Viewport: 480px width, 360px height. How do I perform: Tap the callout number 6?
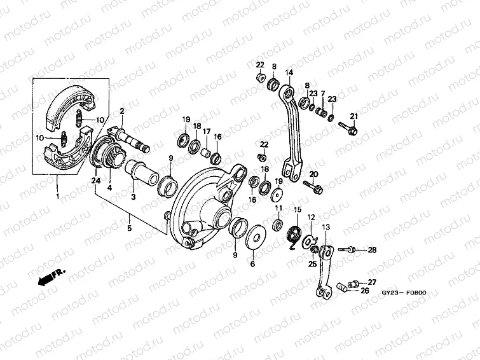click(x=252, y=263)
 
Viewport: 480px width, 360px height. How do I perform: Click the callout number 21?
click(x=354, y=115)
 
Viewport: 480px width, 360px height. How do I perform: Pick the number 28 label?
click(x=372, y=250)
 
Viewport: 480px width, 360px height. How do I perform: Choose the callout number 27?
click(x=372, y=282)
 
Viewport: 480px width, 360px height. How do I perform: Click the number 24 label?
click(x=95, y=181)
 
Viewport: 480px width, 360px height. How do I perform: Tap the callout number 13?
click(x=326, y=227)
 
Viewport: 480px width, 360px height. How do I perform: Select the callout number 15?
click(x=297, y=210)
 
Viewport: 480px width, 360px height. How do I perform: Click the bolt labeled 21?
click(x=349, y=132)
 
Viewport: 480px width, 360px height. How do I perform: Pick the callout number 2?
click(x=121, y=111)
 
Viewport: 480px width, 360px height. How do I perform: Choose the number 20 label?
click(x=313, y=174)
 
